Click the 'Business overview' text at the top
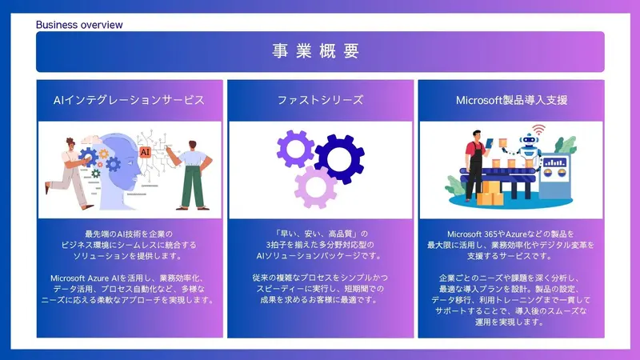79,25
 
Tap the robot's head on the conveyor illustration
530,142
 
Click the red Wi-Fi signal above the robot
539,129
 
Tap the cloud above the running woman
73,136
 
